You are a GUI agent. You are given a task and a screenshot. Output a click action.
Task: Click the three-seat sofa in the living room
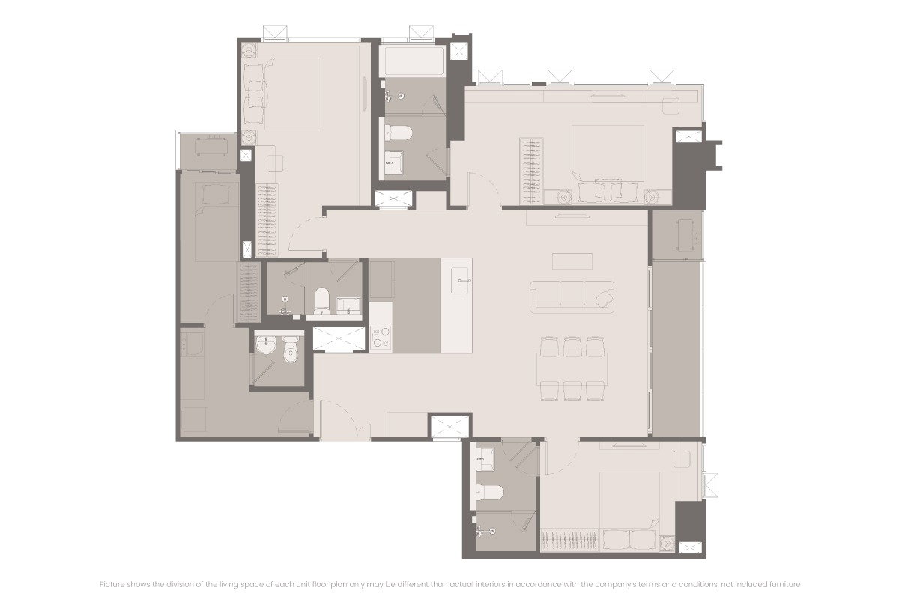(x=572, y=297)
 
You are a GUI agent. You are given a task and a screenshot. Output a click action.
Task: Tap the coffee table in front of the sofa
(x=572, y=261)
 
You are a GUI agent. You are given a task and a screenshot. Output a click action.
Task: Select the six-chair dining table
(x=572, y=368)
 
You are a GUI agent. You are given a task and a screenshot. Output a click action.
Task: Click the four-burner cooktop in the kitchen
(x=381, y=337)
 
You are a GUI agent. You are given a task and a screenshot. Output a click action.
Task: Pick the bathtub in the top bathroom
(x=412, y=61)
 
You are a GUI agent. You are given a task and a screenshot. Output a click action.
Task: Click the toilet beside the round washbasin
(x=290, y=348)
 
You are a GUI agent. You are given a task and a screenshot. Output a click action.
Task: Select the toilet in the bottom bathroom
(x=488, y=492)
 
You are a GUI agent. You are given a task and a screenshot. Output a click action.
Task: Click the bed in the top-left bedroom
(x=282, y=94)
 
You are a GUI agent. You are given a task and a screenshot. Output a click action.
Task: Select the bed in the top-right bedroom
(x=608, y=165)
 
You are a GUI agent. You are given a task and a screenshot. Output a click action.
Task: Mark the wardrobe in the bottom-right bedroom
(x=570, y=539)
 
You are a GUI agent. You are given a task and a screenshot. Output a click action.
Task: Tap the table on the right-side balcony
(x=688, y=234)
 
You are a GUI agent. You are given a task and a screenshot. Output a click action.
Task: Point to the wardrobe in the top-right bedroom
(x=531, y=171)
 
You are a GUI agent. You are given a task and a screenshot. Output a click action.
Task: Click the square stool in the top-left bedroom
(x=276, y=163)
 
